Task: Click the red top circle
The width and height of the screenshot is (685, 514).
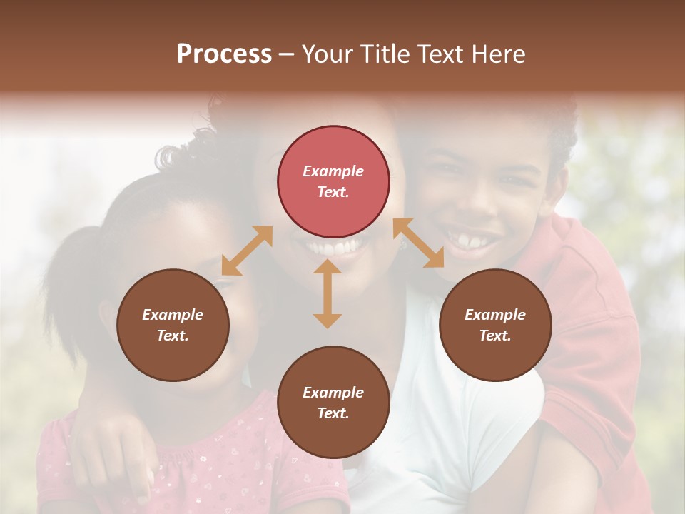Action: [333, 181]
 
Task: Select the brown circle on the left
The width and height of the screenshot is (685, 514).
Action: [173, 325]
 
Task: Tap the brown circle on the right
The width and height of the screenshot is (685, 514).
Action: [495, 325]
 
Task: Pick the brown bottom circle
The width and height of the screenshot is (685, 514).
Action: [333, 403]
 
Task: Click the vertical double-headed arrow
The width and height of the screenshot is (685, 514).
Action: [328, 293]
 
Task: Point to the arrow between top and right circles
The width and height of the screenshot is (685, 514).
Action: [418, 243]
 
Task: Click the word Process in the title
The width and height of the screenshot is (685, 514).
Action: [224, 54]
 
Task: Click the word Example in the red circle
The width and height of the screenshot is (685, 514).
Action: [333, 171]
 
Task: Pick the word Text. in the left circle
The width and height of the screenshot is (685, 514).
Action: [173, 336]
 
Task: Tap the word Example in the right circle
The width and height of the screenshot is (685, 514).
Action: [495, 315]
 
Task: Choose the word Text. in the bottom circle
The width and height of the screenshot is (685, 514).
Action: [333, 413]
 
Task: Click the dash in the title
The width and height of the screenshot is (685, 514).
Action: [286, 54]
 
